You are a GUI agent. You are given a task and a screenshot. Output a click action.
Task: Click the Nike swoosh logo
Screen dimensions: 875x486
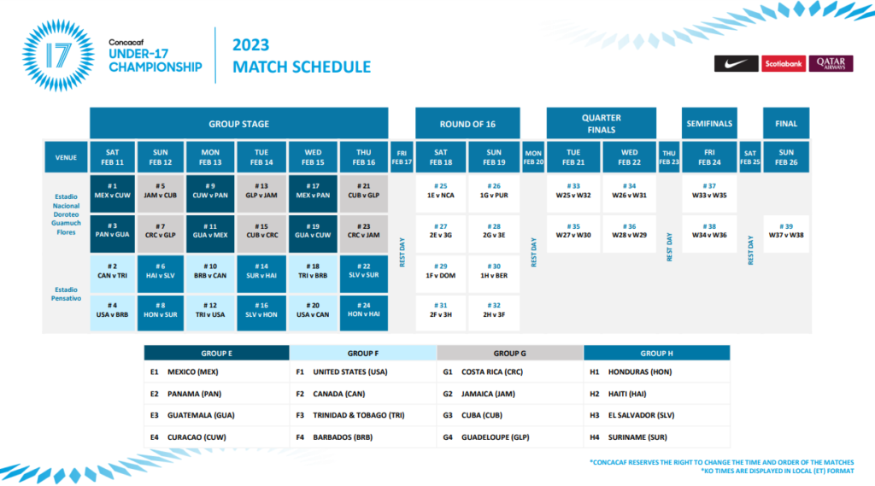pyautogui.click(x=736, y=63)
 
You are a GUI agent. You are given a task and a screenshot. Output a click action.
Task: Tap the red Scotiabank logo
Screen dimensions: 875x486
pyautogui.click(x=784, y=63)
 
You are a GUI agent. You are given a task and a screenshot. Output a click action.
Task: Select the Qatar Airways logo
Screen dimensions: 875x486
pyautogui.click(x=831, y=63)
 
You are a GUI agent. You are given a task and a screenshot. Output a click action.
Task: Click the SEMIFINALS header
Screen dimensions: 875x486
pyautogui.click(x=709, y=123)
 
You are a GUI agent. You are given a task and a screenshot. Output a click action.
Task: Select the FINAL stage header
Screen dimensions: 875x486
pyautogui.click(x=786, y=123)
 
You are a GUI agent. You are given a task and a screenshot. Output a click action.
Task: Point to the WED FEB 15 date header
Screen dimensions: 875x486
pyautogui.click(x=313, y=157)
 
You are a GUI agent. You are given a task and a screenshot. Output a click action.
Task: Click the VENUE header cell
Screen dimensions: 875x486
pyautogui.click(x=66, y=157)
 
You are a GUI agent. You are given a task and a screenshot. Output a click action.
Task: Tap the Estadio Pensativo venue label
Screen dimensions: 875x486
pyautogui.click(x=66, y=294)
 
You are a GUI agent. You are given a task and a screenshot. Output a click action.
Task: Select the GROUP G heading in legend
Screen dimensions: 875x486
pyautogui.click(x=509, y=354)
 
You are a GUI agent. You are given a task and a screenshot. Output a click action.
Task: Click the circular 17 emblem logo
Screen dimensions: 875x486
pyautogui.click(x=58, y=56)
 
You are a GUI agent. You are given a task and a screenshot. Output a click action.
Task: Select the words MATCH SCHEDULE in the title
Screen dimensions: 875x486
pyautogui.click(x=302, y=67)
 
